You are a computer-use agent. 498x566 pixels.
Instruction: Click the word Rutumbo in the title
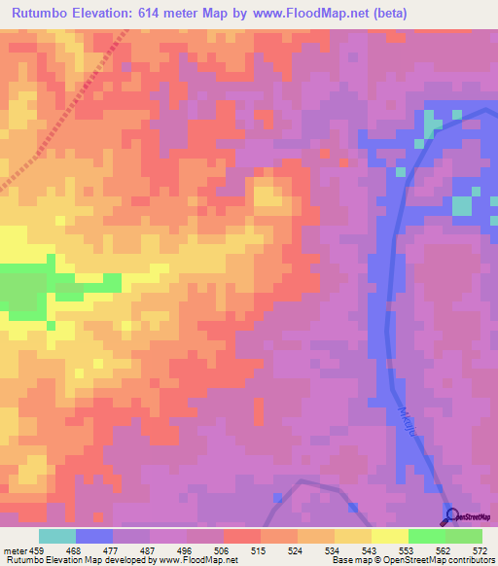point(42,13)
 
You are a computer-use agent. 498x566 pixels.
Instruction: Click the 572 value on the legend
point(481,549)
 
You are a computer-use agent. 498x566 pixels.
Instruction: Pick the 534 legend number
point(334,549)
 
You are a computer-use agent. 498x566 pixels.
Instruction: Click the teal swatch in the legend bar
point(56,536)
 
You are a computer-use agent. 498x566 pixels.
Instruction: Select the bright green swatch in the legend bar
point(427,536)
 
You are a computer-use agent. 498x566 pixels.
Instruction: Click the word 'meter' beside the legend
point(15,549)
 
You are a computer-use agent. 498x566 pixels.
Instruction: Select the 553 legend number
point(408,549)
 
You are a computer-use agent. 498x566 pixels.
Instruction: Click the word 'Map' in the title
point(221,13)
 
